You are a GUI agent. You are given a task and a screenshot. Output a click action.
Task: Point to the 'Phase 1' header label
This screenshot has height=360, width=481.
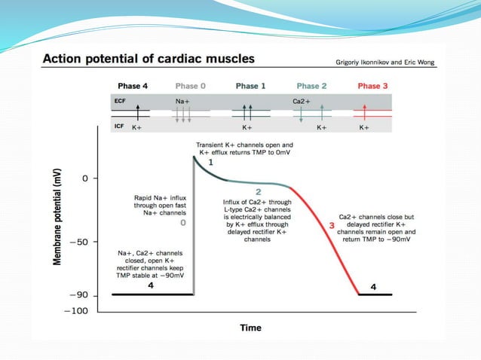[x=250, y=87]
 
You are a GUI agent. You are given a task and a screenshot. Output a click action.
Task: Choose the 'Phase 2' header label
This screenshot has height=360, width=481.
[x=311, y=87]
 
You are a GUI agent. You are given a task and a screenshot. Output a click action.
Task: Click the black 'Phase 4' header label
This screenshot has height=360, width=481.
[x=133, y=87]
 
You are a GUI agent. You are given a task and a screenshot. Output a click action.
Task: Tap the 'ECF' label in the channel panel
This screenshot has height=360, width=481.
[x=120, y=100]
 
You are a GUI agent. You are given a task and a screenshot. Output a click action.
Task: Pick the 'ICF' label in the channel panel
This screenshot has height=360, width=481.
[x=119, y=127]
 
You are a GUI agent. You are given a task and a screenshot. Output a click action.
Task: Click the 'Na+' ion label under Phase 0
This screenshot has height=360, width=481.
[x=182, y=100]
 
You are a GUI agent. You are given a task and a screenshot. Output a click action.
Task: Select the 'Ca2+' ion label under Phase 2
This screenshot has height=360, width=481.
[x=302, y=100]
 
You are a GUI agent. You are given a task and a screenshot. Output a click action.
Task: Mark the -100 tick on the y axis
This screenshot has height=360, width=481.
[x=78, y=310]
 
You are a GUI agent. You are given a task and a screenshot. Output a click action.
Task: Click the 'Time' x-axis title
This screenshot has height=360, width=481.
[x=250, y=328]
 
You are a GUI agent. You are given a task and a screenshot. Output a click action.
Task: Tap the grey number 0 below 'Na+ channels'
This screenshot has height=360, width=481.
[x=182, y=223]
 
